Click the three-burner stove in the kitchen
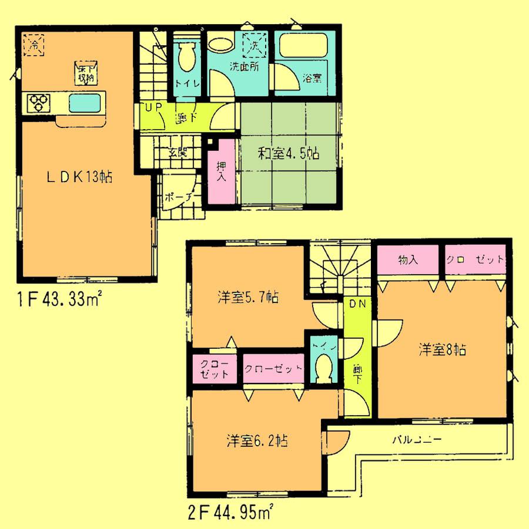pos(39,104)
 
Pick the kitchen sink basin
pos(85,103)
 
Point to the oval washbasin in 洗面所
pos(220,46)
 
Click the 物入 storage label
pos(407,259)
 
